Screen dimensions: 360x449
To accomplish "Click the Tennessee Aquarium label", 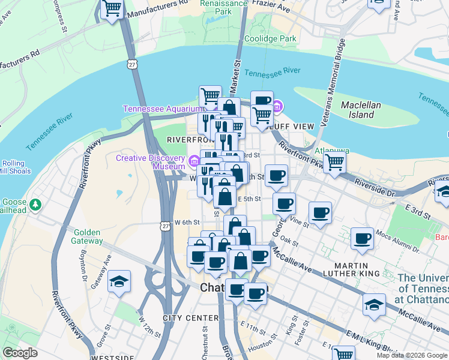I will pyautogui.click(x=164, y=109).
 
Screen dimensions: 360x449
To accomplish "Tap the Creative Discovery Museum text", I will pyautogui.click(x=150, y=162).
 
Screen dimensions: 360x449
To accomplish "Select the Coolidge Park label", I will pyautogui.click(x=271, y=39).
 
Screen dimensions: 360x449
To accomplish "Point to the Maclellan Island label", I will pyautogui.click(x=361, y=109).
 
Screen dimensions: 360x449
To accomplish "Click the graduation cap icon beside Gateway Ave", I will pyautogui.click(x=119, y=281).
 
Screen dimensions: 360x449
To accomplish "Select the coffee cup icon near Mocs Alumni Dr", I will pyautogui.click(x=363, y=238).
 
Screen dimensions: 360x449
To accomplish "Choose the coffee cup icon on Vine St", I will pyautogui.click(x=320, y=212).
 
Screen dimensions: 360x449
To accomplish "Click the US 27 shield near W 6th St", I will pyautogui.click(x=165, y=224).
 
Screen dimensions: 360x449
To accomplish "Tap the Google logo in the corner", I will pyautogui.click(x=20, y=353).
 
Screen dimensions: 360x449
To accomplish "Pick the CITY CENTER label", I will pyautogui.click(x=190, y=317).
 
